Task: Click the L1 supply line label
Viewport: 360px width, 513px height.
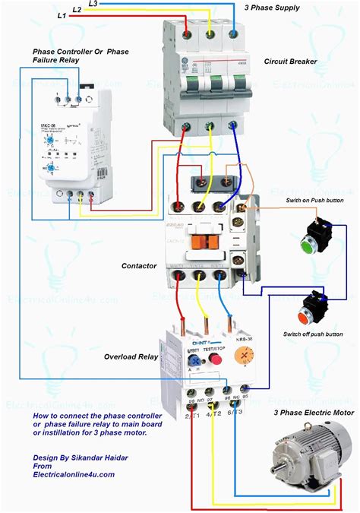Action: [61, 15]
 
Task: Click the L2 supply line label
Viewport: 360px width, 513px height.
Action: [77, 9]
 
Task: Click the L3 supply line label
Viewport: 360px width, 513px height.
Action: [93, 4]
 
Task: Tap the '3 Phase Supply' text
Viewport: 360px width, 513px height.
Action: [271, 8]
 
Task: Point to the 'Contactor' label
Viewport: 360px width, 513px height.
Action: [139, 266]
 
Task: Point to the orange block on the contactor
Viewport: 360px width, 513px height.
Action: [201, 241]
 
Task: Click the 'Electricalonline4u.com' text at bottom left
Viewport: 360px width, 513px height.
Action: [74, 473]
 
